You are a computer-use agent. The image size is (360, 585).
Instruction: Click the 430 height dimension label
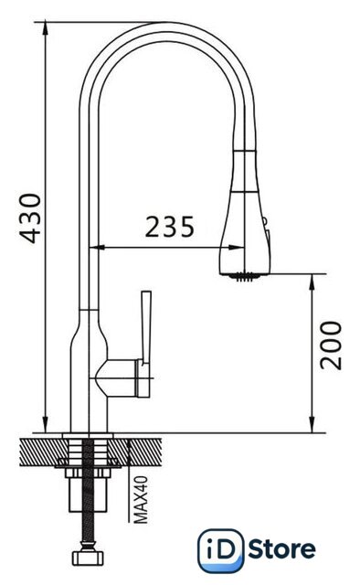[30, 218]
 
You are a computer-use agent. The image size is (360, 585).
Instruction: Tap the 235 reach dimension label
[170, 227]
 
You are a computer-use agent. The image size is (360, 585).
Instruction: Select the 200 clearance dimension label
[331, 346]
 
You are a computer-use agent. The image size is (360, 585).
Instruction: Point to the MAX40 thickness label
[141, 500]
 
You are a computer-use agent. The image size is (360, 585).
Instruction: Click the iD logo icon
[220, 550]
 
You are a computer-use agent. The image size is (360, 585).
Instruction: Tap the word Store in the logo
[282, 550]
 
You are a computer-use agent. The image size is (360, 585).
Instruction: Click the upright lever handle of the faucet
[146, 327]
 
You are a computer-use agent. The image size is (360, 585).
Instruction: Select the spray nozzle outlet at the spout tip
[245, 277]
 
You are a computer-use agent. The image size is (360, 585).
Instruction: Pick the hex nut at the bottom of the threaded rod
[88, 558]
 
